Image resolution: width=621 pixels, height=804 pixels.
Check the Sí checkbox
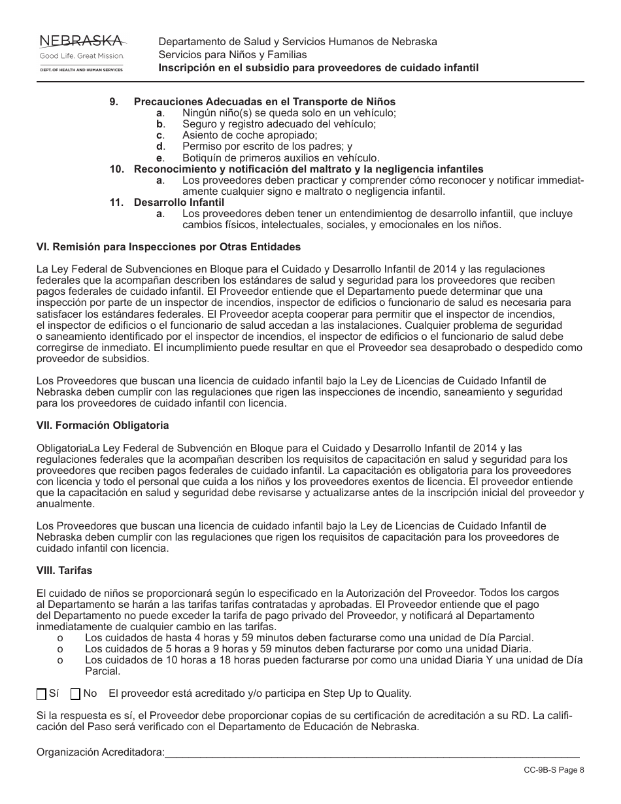[x=41, y=694]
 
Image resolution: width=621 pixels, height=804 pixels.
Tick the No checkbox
[x=75, y=694]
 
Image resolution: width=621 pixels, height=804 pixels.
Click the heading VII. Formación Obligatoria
[x=103, y=426]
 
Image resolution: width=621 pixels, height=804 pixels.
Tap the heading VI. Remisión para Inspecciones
[x=169, y=247]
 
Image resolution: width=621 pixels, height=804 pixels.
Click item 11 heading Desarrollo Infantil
[x=170, y=203]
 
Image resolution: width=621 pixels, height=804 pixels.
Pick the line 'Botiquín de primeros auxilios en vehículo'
[x=280, y=158]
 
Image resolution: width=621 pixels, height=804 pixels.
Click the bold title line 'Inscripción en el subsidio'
[x=318, y=68]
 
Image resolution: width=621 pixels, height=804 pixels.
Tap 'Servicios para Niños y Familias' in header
[x=232, y=55]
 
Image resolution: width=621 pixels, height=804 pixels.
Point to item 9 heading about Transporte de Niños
[x=264, y=102]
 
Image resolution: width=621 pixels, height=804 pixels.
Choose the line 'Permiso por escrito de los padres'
[x=267, y=146]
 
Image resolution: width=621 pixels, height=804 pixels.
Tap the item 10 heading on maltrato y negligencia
[x=309, y=169]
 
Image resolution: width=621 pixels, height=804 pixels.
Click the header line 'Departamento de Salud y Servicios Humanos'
[x=297, y=42]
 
